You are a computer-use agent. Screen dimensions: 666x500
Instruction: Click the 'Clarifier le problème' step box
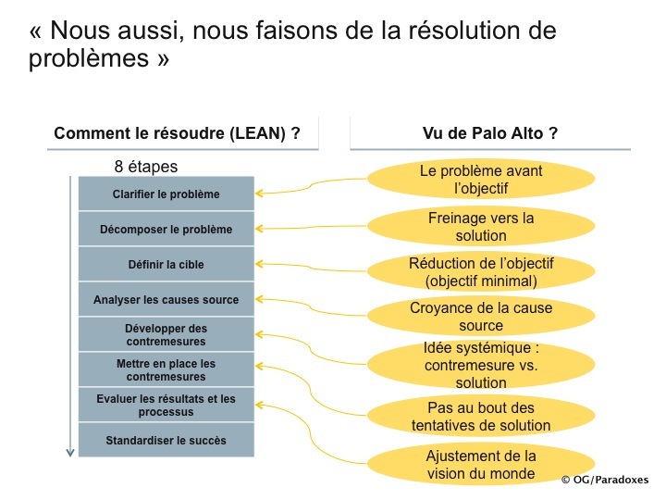166,194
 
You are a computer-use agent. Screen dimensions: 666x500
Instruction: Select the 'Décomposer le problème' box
166,229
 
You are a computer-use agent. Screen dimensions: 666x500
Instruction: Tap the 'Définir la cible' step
166,264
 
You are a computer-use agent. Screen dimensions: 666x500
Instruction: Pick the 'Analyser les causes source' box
166,299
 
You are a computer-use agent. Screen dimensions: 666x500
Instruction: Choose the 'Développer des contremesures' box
166,334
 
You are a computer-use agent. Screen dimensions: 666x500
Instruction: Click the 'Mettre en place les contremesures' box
166,369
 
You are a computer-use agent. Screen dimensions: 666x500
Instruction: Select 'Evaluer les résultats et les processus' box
166,405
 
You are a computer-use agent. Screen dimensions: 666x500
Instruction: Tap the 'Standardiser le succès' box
166,440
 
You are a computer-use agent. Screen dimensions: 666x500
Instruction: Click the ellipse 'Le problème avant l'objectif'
481,179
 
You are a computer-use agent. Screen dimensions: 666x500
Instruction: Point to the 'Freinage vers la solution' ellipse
481,226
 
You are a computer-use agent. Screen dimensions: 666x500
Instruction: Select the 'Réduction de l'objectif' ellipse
481,271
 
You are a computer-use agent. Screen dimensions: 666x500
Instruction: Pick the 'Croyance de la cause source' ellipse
481,316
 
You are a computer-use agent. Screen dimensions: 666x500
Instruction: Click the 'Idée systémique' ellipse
481,365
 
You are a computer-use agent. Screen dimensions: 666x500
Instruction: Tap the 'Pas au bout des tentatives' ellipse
481,416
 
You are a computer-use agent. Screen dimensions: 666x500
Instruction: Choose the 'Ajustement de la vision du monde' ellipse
481,464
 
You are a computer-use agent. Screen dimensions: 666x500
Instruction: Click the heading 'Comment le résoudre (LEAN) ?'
177,133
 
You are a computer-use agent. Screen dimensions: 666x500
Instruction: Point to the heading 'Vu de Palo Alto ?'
489,133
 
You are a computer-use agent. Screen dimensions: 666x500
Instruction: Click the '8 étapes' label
146,167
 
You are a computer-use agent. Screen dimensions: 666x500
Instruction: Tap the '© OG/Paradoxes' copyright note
605,480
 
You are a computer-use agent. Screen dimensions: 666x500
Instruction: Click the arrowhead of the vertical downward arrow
70,453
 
